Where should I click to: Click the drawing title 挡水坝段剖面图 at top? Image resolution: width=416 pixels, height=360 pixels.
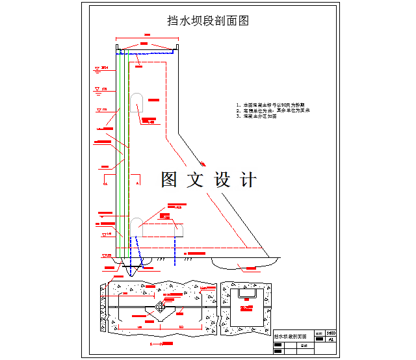point(208,21)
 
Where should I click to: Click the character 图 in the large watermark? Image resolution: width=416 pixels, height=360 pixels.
point(170,179)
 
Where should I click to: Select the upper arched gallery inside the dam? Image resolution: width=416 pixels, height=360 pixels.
point(137,102)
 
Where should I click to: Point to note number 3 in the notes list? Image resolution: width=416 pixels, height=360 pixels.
point(239,116)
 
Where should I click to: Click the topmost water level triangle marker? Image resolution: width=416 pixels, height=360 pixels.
point(97,68)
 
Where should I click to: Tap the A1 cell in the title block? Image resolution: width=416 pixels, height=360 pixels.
point(331,339)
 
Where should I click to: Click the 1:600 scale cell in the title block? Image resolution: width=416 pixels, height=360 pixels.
point(331,332)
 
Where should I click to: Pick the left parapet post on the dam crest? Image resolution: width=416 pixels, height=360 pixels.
point(118,49)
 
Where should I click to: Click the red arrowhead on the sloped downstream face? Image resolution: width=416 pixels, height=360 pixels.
point(203,164)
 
